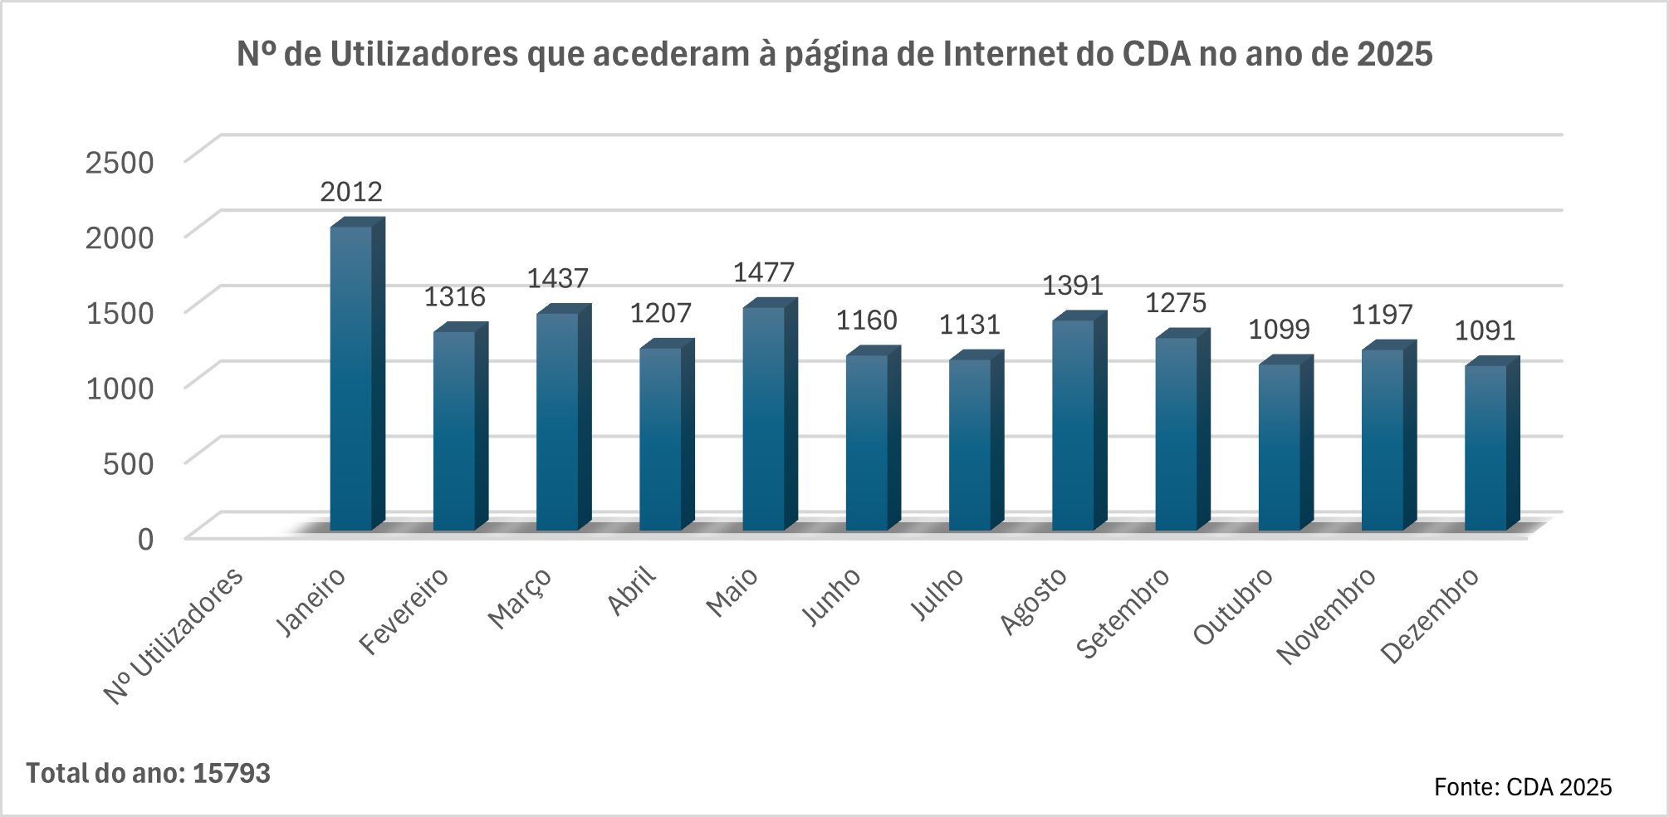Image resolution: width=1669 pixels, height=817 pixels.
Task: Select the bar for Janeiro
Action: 351,378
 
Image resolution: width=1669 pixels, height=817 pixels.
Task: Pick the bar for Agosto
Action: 1074,424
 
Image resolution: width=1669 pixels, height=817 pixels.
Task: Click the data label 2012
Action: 351,192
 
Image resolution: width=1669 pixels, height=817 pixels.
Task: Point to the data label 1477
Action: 764,272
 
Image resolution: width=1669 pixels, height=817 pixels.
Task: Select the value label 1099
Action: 1280,330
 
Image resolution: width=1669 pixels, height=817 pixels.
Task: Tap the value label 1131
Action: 970,325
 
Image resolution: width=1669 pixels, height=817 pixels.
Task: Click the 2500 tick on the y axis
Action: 120,162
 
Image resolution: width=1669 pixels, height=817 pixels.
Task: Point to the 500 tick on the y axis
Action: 128,463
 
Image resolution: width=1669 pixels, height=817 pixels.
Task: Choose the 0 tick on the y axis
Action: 145,539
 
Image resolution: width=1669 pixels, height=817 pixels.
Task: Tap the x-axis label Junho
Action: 831,597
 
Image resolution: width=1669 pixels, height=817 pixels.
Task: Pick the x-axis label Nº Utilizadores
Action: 174,636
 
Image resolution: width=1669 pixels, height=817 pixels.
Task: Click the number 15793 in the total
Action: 232,773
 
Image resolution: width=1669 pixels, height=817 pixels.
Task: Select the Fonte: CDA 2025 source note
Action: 1523,786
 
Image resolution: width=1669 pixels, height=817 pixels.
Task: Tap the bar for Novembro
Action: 1383,439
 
